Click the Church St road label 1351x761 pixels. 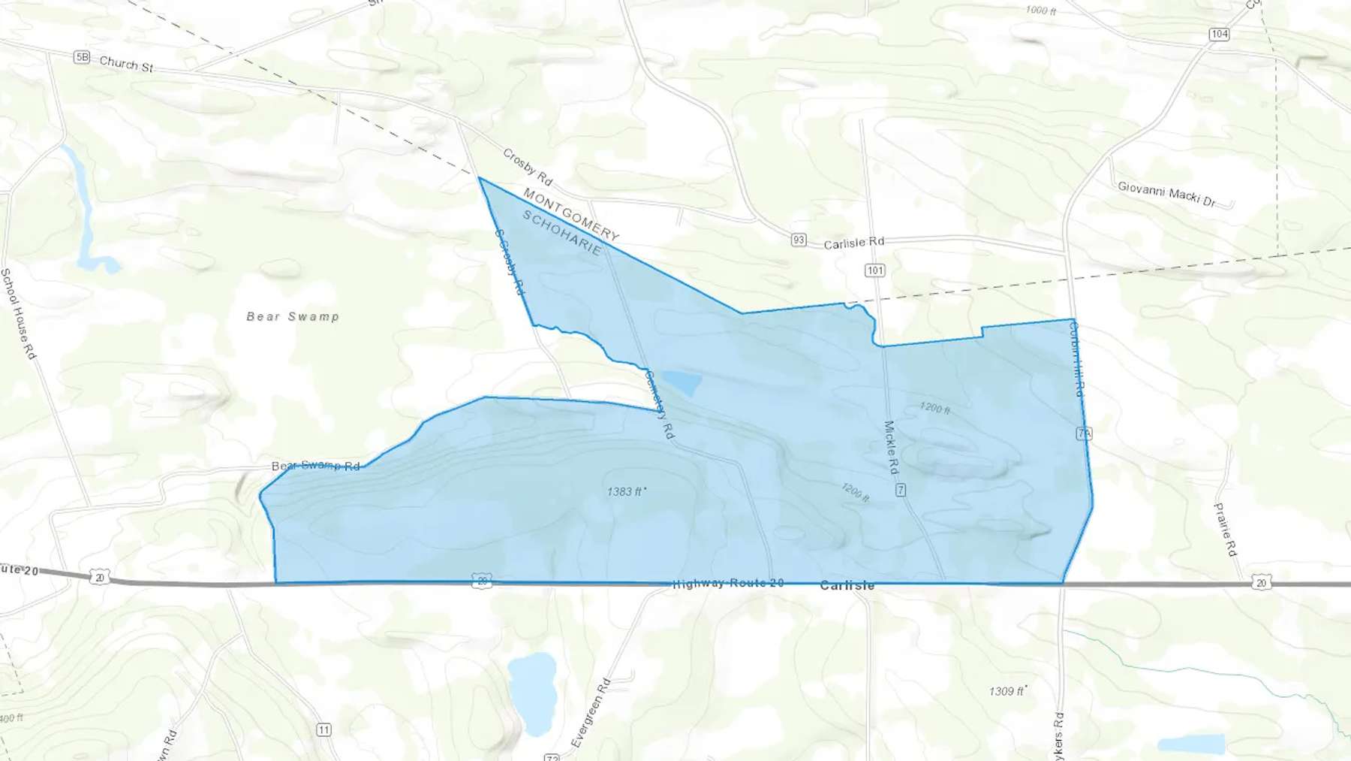[x=126, y=64]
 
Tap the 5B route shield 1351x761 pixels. [x=82, y=57]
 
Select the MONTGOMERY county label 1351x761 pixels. [x=571, y=215]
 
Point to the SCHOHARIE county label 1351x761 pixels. [x=562, y=233]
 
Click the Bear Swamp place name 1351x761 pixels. [x=293, y=316]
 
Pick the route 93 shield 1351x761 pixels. [x=799, y=240]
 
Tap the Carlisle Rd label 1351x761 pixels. [x=854, y=243]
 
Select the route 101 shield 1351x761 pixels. [x=875, y=270]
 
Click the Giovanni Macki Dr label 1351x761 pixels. [x=1166, y=194]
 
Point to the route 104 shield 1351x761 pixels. [x=1219, y=34]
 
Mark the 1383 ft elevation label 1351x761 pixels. [x=626, y=491]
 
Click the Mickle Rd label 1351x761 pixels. [x=891, y=447]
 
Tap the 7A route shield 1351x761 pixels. [x=1084, y=433]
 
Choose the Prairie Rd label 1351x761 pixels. [x=1225, y=530]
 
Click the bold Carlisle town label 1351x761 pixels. [x=847, y=585]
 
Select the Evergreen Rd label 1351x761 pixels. [x=591, y=713]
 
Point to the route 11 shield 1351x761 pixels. [x=323, y=729]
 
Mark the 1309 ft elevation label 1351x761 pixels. [x=1006, y=691]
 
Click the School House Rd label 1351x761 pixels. [x=18, y=313]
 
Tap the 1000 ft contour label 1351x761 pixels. [x=1041, y=10]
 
